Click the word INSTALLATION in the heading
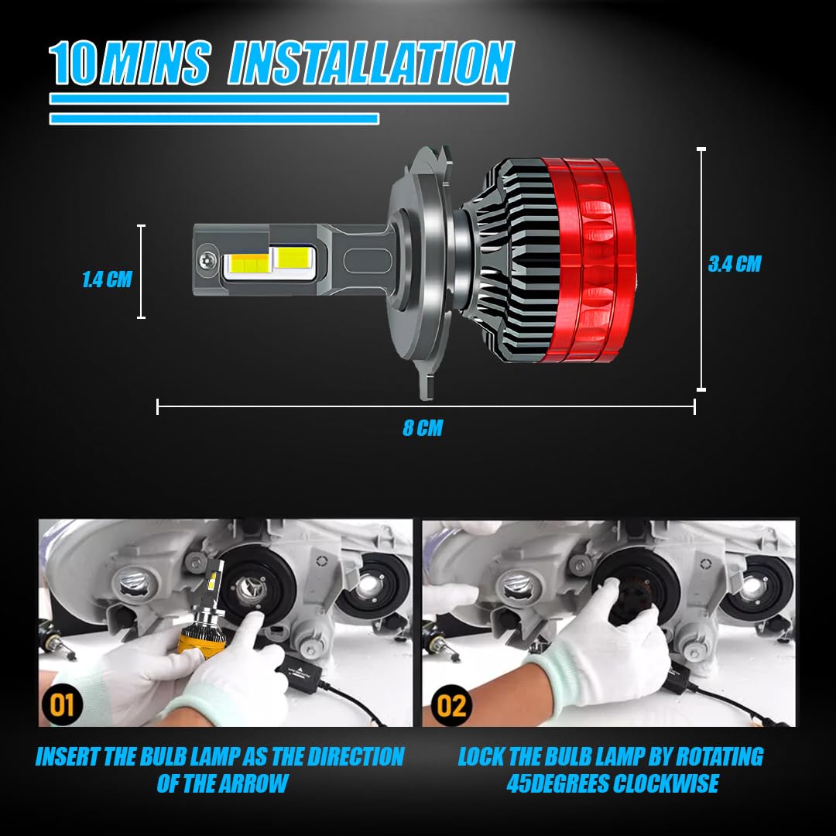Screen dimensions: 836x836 [371, 63]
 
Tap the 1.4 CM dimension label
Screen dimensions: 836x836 [107, 279]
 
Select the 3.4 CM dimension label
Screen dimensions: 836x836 [734, 264]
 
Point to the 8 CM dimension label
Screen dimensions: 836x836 [423, 427]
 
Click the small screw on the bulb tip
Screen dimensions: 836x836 [207, 260]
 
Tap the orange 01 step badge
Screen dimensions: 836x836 [61, 705]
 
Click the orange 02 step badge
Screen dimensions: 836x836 [451, 705]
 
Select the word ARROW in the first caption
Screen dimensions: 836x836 [252, 783]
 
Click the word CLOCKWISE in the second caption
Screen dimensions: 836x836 [666, 783]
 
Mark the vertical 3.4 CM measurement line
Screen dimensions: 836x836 [701, 269]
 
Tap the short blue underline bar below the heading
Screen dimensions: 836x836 [214, 118]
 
